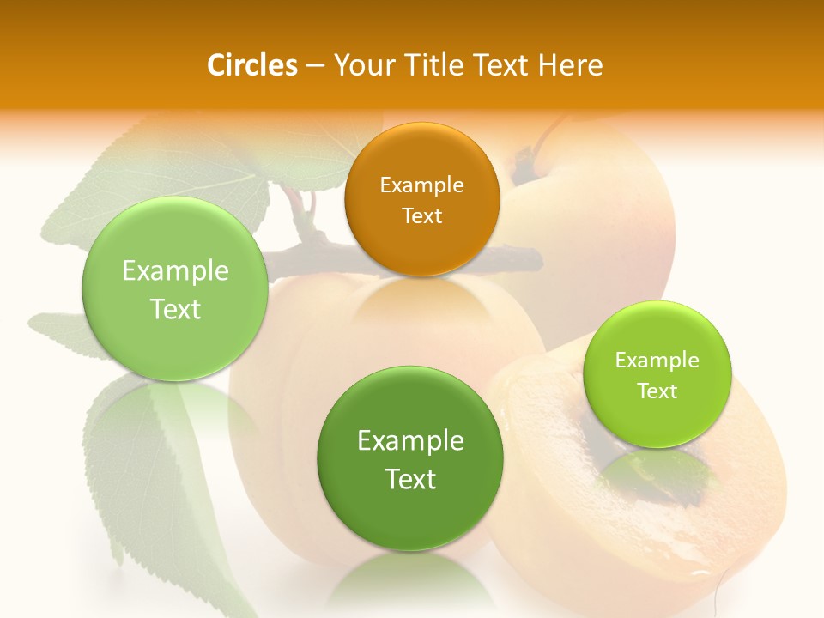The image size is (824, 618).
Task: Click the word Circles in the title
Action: point(252,65)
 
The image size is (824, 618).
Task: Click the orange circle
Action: point(421,199)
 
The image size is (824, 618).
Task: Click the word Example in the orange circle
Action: point(421,185)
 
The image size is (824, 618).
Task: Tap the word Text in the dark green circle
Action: point(410,479)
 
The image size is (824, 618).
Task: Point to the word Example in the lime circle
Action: point(657,360)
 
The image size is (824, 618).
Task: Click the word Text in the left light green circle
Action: point(175,309)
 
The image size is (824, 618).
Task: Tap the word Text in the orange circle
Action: point(421,215)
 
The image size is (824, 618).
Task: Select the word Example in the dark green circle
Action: point(410,441)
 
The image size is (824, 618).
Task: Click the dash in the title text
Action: point(315,66)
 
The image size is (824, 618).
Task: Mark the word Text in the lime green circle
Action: point(657,391)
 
